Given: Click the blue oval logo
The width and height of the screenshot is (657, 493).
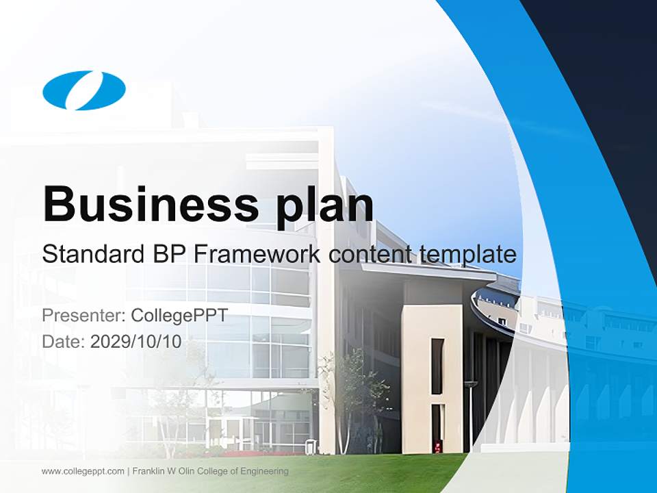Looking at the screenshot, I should (84, 90).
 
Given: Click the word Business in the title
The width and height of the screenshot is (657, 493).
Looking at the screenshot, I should (144, 204).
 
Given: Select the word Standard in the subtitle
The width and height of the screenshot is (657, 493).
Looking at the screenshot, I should (90, 254).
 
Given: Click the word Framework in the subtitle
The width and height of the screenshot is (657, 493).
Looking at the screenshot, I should (257, 254).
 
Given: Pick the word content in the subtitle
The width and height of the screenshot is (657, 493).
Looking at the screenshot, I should (370, 255).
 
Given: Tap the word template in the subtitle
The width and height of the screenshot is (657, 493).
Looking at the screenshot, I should (467, 255).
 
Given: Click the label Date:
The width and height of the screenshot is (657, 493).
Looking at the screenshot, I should (64, 342).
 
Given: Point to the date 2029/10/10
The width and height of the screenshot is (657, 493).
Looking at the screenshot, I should (136, 342).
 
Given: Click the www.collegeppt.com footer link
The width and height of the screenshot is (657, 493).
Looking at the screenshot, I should (83, 471).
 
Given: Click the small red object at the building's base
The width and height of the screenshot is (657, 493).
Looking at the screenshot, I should (437, 447).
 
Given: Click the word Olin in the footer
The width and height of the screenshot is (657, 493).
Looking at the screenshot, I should (188, 471).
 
